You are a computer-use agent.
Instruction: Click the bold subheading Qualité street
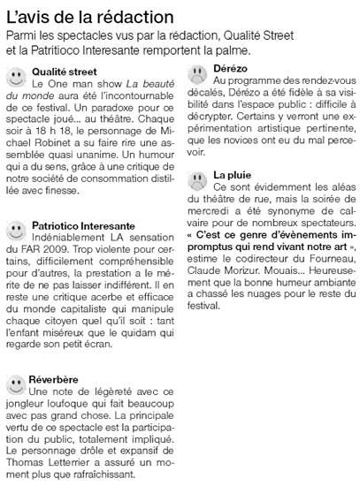click(x=64, y=70)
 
